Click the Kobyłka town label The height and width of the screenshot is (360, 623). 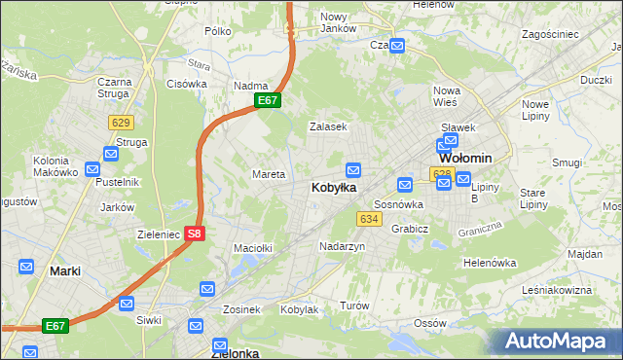(x=333, y=187)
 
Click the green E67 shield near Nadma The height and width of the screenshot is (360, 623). (x=269, y=100)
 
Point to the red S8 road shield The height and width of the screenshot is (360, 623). (x=195, y=234)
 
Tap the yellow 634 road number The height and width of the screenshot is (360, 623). (x=368, y=219)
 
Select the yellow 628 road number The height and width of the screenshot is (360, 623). (x=442, y=173)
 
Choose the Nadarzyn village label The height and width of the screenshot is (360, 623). (x=342, y=247)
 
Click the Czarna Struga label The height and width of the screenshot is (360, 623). (x=114, y=89)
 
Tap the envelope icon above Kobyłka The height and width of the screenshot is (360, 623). (x=353, y=169)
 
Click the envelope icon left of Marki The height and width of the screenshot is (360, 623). (x=25, y=267)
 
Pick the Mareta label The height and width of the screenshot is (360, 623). (x=269, y=175)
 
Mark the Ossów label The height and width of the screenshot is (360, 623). (x=428, y=322)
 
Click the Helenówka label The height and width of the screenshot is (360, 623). (x=489, y=263)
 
